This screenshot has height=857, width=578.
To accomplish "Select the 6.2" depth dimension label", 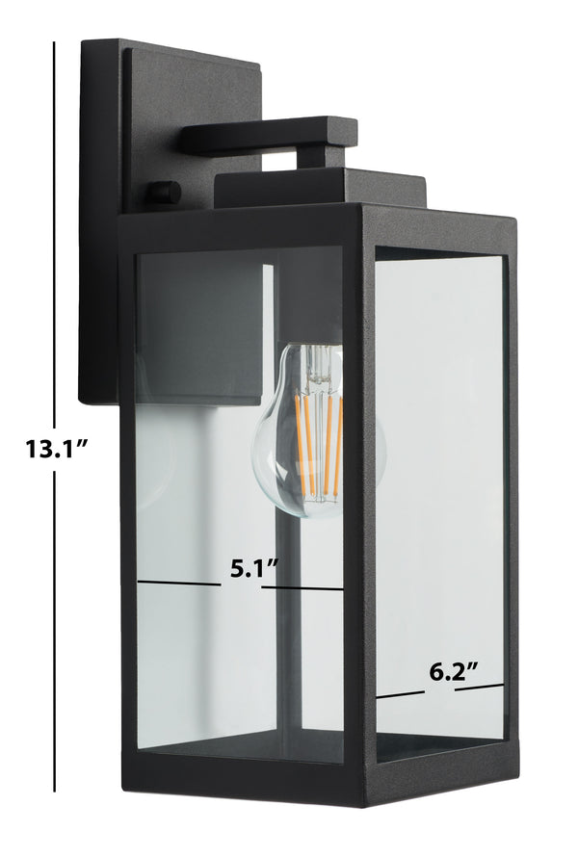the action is click(x=454, y=672).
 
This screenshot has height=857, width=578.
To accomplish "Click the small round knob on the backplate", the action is click(x=163, y=193).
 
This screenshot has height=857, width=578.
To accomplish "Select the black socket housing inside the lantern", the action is click(x=199, y=329).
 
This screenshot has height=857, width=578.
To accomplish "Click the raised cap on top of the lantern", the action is click(x=320, y=189).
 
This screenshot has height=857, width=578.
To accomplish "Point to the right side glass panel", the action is click(x=439, y=492).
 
